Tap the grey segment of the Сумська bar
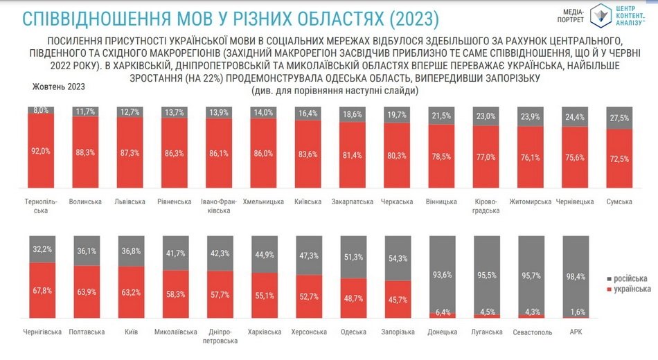[619, 118]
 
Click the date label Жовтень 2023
[59, 87]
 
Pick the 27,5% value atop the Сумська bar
[619, 118]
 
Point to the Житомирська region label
[531, 202]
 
